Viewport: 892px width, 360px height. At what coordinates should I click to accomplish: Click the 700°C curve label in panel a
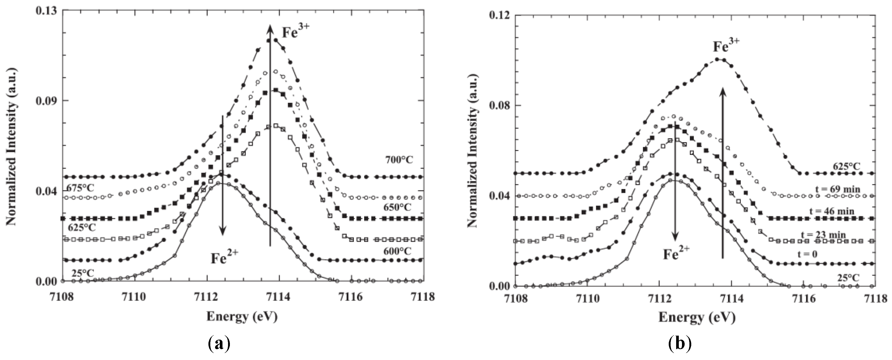(399, 160)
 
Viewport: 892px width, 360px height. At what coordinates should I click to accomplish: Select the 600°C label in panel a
(396, 251)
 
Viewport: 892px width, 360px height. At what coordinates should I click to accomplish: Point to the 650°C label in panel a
(396, 207)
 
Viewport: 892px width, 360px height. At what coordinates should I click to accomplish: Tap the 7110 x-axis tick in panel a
(135, 297)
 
